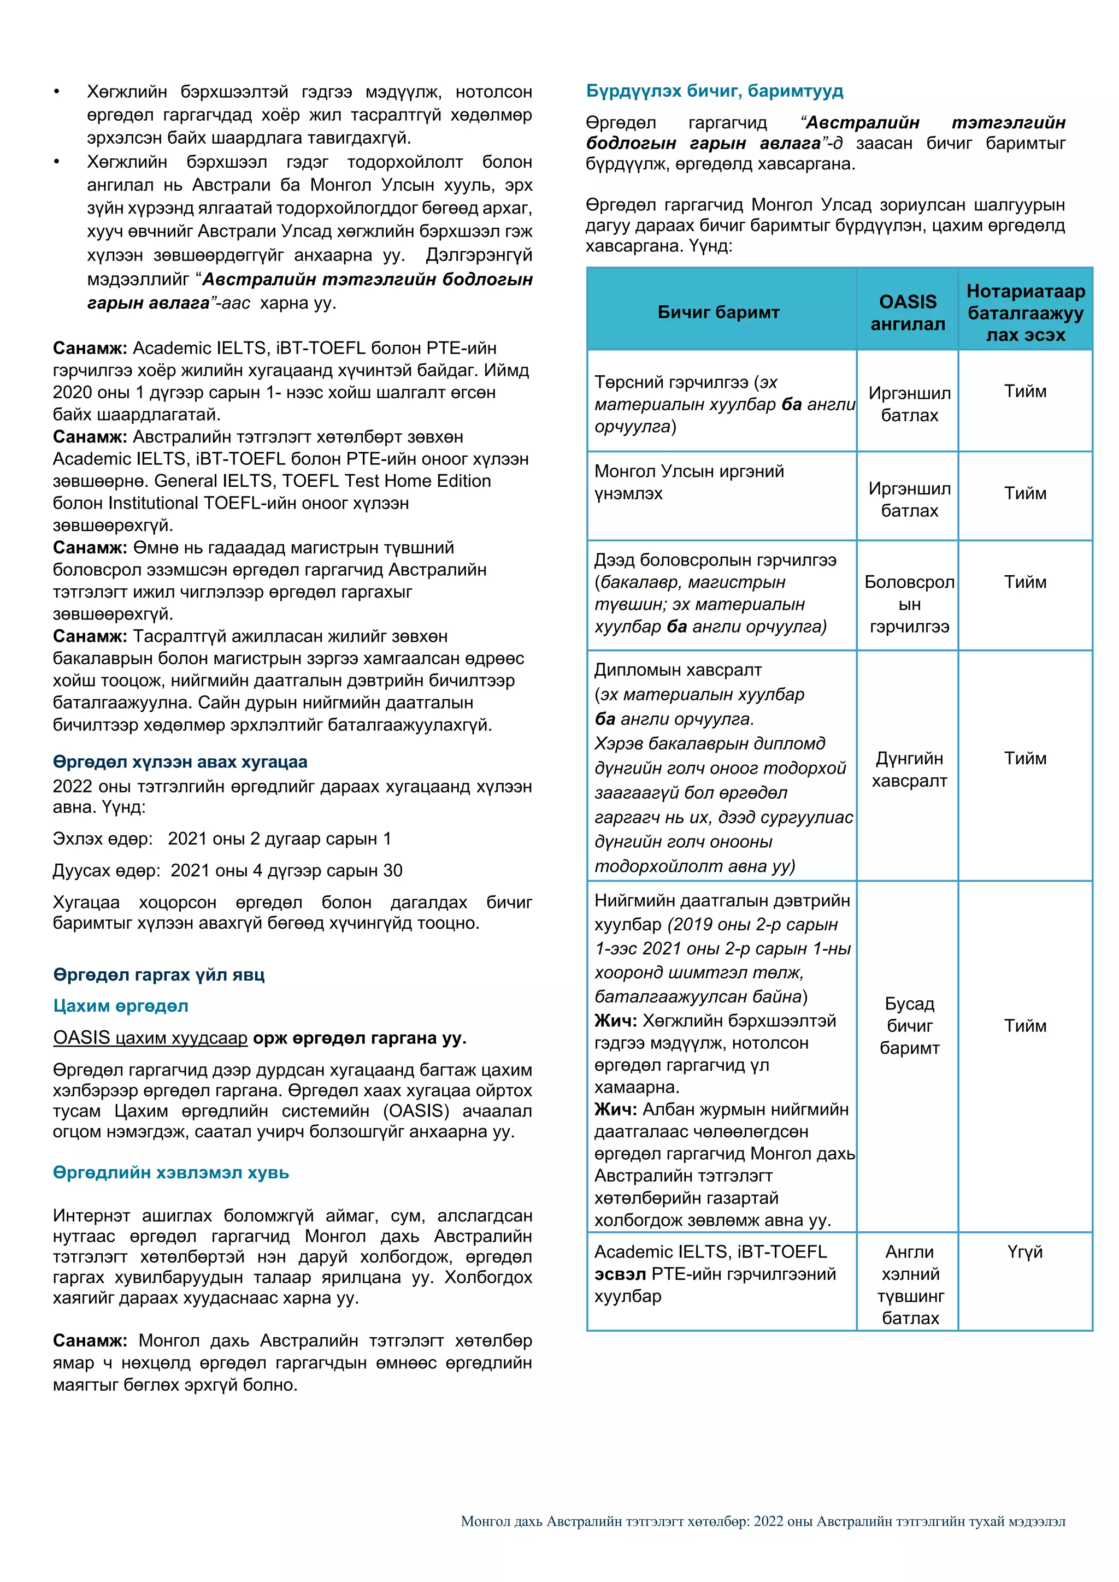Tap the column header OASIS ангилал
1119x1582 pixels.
click(908, 312)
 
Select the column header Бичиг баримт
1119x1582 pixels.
click(718, 312)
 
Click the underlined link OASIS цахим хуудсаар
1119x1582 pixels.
click(150, 1038)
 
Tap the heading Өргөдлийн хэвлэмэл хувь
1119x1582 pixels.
click(171, 1172)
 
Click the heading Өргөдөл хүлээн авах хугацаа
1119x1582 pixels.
click(180, 762)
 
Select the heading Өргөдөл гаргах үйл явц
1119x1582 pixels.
click(158, 975)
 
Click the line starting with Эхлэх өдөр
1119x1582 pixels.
click(222, 839)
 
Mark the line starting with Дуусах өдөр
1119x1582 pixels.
click(227, 870)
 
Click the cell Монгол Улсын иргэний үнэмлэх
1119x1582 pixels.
click(689, 482)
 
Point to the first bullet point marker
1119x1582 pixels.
click(57, 92)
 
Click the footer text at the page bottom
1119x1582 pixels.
click(763, 1521)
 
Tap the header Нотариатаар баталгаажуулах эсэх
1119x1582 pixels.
click(1024, 312)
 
